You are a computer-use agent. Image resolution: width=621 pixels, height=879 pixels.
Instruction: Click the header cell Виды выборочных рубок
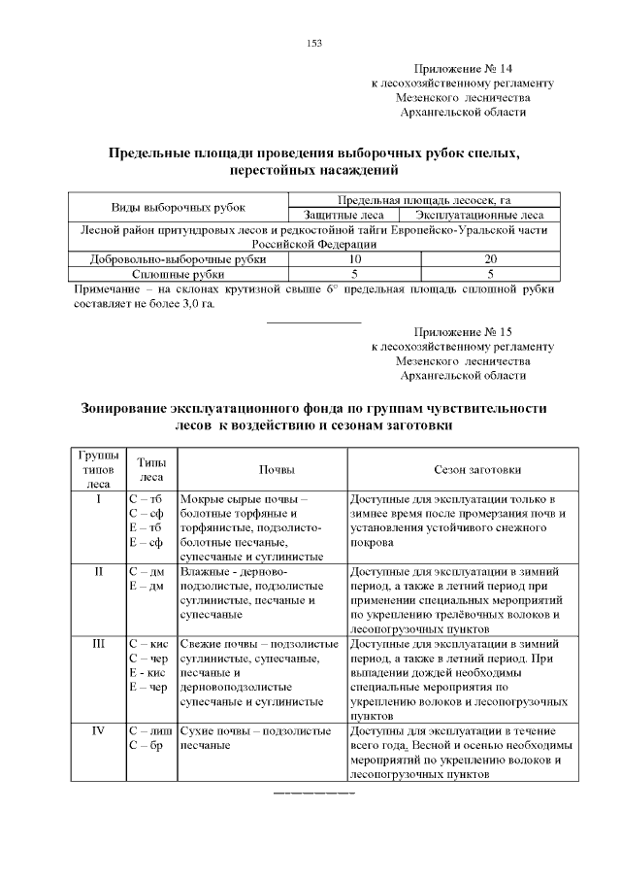tap(179, 208)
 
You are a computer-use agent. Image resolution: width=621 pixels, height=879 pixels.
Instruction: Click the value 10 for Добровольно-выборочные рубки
tap(355, 259)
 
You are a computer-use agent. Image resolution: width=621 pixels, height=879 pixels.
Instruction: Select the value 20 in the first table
tap(491, 259)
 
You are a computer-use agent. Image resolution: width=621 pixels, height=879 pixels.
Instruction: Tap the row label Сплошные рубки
tap(179, 274)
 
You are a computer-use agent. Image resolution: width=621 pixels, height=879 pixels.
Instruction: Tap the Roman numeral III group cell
tap(98, 644)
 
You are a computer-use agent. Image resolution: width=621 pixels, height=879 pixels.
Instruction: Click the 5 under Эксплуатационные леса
tap(491, 274)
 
